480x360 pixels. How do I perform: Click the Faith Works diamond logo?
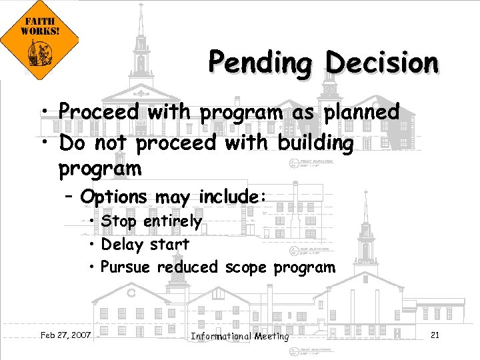click(40, 41)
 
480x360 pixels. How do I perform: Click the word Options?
click(113, 197)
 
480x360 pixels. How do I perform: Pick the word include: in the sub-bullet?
click(233, 197)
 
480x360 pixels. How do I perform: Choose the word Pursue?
click(127, 268)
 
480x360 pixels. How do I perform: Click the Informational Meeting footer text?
click(240, 336)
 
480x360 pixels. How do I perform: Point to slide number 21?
click(435, 335)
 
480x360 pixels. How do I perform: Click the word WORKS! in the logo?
click(40, 31)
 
